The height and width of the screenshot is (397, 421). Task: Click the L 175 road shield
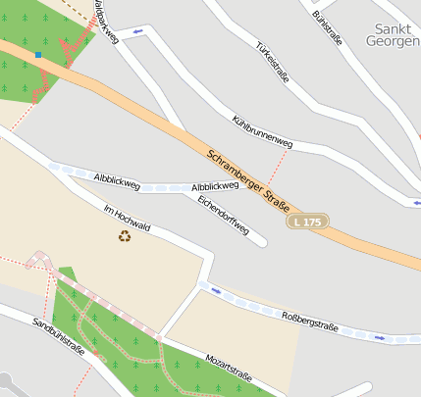(x=307, y=223)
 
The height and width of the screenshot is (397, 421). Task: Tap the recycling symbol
(x=125, y=235)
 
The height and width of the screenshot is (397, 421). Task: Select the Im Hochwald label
(x=127, y=219)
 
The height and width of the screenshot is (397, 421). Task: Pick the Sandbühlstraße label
(x=59, y=336)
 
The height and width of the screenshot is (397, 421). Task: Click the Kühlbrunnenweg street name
(x=263, y=132)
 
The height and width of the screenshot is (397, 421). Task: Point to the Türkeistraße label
(x=272, y=61)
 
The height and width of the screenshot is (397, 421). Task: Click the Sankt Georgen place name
(x=393, y=35)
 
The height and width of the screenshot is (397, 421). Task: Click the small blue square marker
(x=38, y=55)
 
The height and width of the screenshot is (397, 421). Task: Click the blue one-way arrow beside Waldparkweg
(x=138, y=31)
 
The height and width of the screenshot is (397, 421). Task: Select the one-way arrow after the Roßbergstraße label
(x=380, y=338)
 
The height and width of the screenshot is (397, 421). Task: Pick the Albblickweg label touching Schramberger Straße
(x=216, y=186)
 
